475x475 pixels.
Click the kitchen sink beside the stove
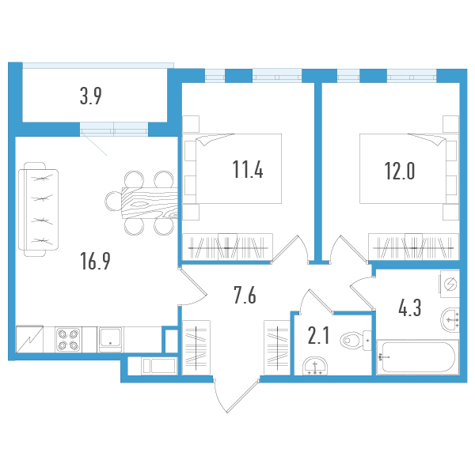click(x=110, y=338)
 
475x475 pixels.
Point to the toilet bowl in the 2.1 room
click(x=353, y=341)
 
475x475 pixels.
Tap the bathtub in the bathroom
click(x=418, y=358)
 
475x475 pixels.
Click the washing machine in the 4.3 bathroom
click(x=449, y=284)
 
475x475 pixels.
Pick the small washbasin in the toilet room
click(x=316, y=365)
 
